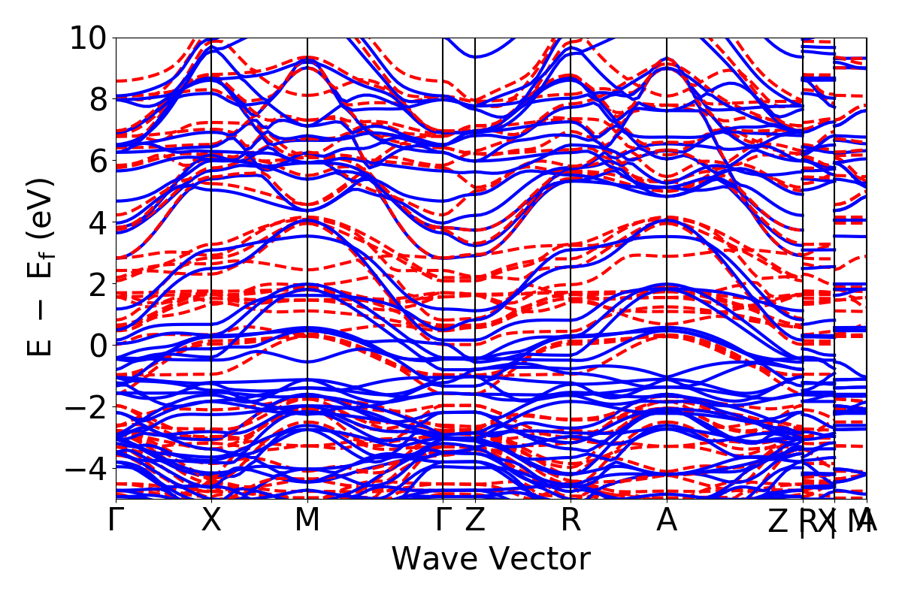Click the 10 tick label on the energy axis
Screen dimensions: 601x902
point(89,38)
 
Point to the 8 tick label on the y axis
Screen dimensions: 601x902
point(98,99)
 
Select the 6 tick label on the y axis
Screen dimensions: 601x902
point(98,161)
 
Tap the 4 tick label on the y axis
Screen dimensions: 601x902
point(98,222)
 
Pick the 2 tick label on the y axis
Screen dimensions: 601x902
point(98,284)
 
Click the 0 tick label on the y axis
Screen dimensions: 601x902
point(98,346)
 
